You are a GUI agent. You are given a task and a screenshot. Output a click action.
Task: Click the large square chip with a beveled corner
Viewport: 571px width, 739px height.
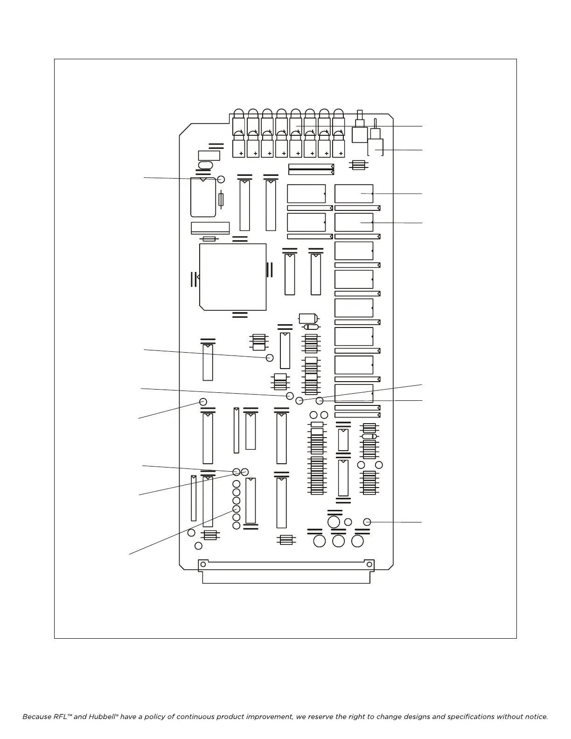point(232,277)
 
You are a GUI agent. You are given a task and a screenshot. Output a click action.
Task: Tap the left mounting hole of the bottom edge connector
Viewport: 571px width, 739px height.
point(202,565)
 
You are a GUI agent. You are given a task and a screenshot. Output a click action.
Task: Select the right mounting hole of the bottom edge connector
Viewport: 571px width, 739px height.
point(370,565)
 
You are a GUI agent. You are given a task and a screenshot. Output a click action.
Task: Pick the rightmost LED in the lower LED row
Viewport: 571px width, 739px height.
point(338,145)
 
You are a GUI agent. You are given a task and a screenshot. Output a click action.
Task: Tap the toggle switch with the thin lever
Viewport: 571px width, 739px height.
point(376,140)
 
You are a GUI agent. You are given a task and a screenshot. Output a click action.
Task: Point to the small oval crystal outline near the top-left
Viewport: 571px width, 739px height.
point(205,165)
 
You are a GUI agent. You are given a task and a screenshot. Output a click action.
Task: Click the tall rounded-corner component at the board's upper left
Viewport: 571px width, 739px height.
point(203,198)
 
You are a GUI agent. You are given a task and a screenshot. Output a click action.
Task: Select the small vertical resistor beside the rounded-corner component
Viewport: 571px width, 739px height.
point(221,199)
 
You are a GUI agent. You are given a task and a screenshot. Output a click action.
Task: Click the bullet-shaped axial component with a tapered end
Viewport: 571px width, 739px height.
point(308,319)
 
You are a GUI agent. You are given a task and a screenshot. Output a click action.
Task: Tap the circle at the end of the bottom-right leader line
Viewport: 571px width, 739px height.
point(367,522)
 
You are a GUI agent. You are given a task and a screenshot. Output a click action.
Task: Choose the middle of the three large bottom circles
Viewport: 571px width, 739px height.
point(338,541)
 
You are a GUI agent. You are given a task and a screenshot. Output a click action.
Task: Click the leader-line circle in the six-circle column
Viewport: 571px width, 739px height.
point(236,509)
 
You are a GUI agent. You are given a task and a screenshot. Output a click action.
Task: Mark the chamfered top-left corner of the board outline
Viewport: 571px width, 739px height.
point(186,129)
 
